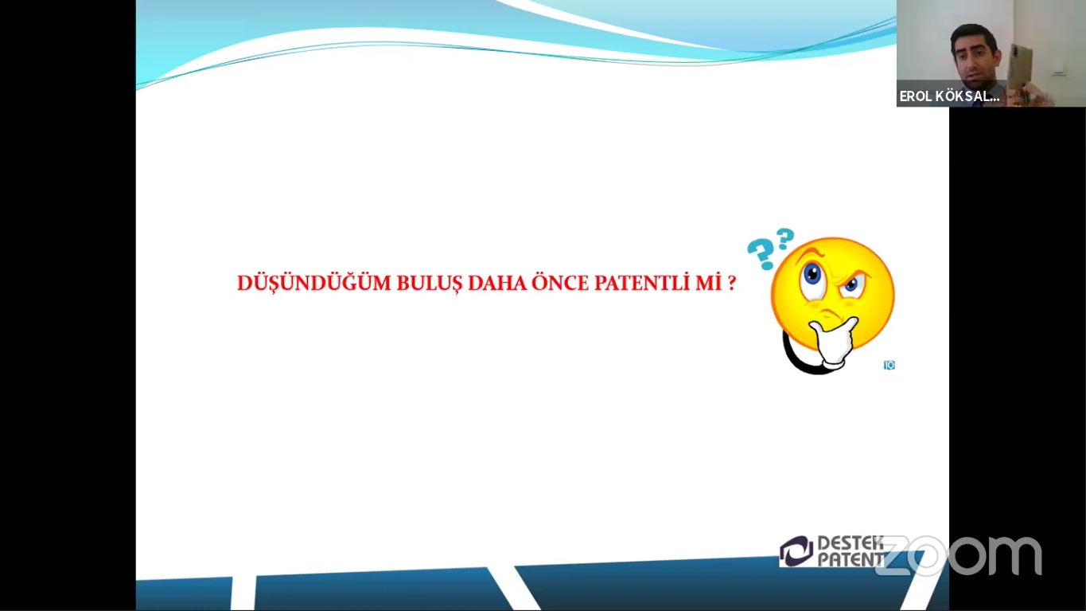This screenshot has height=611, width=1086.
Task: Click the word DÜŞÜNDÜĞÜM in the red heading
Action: pos(313,283)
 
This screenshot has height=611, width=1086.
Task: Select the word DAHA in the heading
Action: pos(497,284)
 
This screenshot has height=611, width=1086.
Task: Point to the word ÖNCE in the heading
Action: pos(560,283)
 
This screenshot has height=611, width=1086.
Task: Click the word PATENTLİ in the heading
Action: pos(642,283)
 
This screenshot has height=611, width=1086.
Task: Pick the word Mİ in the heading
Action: pos(708,283)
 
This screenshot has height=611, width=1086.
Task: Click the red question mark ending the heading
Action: pos(732,283)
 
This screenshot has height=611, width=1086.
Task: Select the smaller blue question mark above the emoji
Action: pos(785,239)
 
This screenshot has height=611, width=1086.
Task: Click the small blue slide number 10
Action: pos(889,365)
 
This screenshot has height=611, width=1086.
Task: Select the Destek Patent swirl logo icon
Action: pos(796,551)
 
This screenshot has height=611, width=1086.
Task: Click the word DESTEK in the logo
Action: pos(850,543)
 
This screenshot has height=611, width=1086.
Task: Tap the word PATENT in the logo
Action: pos(851,559)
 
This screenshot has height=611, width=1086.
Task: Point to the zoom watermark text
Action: pos(958,556)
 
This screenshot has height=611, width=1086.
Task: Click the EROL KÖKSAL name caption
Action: pos(949,96)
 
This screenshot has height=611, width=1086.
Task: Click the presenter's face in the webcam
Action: pos(975,57)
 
